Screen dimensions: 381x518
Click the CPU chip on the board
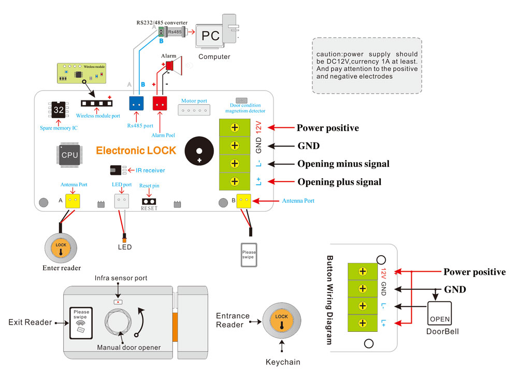coord(70,155)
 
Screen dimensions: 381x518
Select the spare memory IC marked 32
coord(59,110)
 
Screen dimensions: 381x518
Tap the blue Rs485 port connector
coord(137,103)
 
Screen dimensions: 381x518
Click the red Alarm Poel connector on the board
coord(160,103)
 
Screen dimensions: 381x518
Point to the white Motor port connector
coord(194,110)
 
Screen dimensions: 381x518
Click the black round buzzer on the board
coord(199,150)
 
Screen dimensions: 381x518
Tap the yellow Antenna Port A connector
coord(73,201)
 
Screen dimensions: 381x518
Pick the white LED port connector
coord(121,201)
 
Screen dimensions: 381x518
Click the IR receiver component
coord(118,170)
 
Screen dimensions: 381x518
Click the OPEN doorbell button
coord(439,313)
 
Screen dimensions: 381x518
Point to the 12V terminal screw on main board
coord(235,127)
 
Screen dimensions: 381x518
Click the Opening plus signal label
coord(339,182)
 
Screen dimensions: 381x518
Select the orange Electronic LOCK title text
coord(136,151)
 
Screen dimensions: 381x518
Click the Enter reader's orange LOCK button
coord(61,246)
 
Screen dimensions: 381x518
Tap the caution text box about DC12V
coord(367,65)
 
